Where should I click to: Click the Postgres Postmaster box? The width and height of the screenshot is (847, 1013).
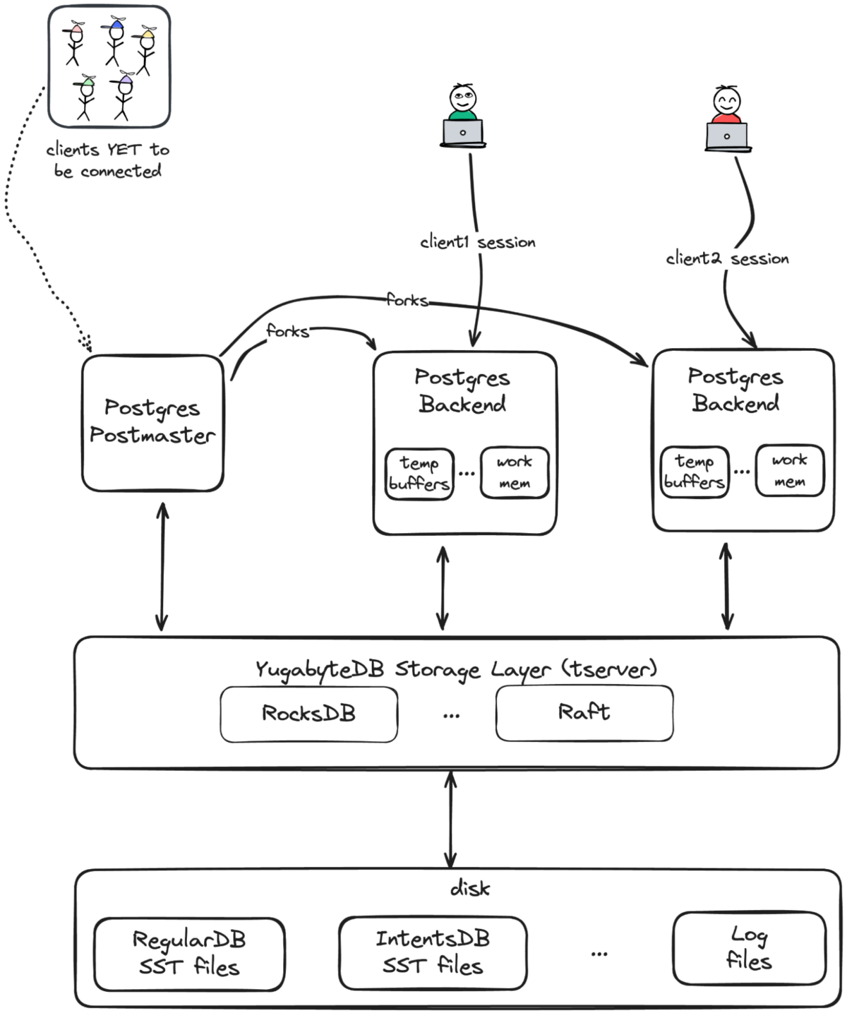152,422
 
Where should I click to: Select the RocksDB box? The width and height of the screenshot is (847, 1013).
308,714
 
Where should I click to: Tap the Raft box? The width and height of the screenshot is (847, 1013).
584,713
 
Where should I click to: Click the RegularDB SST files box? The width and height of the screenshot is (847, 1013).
189,954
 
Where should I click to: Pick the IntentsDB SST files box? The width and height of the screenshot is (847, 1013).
433,952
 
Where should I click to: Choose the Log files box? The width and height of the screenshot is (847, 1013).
749,948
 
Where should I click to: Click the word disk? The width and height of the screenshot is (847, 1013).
469,888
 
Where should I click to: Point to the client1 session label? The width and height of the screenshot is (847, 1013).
478,242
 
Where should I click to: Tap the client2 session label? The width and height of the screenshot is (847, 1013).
727,259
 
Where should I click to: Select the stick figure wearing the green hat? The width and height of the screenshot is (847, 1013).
85,97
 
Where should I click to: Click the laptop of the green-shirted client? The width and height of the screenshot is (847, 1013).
462,133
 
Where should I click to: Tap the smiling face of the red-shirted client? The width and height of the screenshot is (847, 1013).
726,102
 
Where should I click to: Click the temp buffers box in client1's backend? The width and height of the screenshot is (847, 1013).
419,474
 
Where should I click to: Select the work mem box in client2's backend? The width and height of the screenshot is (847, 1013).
789,471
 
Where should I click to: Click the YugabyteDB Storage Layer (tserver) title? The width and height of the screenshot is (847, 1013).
456,669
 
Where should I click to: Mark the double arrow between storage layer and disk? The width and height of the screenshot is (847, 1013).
450,819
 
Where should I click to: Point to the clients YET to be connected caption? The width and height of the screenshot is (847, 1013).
108,160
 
